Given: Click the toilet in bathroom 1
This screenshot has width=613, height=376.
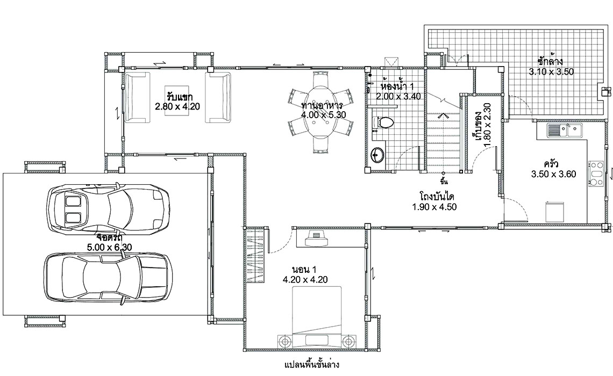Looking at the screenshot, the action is [x=383, y=122].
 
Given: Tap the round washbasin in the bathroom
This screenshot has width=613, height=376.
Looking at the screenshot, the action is [x=377, y=155].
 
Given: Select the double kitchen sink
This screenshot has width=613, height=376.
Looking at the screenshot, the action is [x=565, y=130].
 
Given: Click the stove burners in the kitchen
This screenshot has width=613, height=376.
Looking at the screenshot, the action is [x=596, y=173].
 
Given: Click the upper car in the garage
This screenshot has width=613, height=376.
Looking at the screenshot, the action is [x=108, y=209].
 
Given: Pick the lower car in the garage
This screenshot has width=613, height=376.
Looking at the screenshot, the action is [x=107, y=277].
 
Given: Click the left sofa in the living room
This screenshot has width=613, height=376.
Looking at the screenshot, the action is [x=137, y=97].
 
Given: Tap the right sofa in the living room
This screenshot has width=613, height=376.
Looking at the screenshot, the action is [x=218, y=97].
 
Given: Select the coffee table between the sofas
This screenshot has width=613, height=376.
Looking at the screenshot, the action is [x=177, y=100].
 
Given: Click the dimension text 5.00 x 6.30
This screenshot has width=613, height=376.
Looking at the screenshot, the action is [x=109, y=247].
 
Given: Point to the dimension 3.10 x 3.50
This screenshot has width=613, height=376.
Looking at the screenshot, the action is [x=551, y=72].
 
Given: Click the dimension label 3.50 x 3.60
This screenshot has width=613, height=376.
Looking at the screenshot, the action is [x=553, y=174].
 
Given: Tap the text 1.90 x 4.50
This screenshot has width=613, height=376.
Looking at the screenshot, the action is [x=434, y=207].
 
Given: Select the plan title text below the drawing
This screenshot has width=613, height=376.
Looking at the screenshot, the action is [x=311, y=365].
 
